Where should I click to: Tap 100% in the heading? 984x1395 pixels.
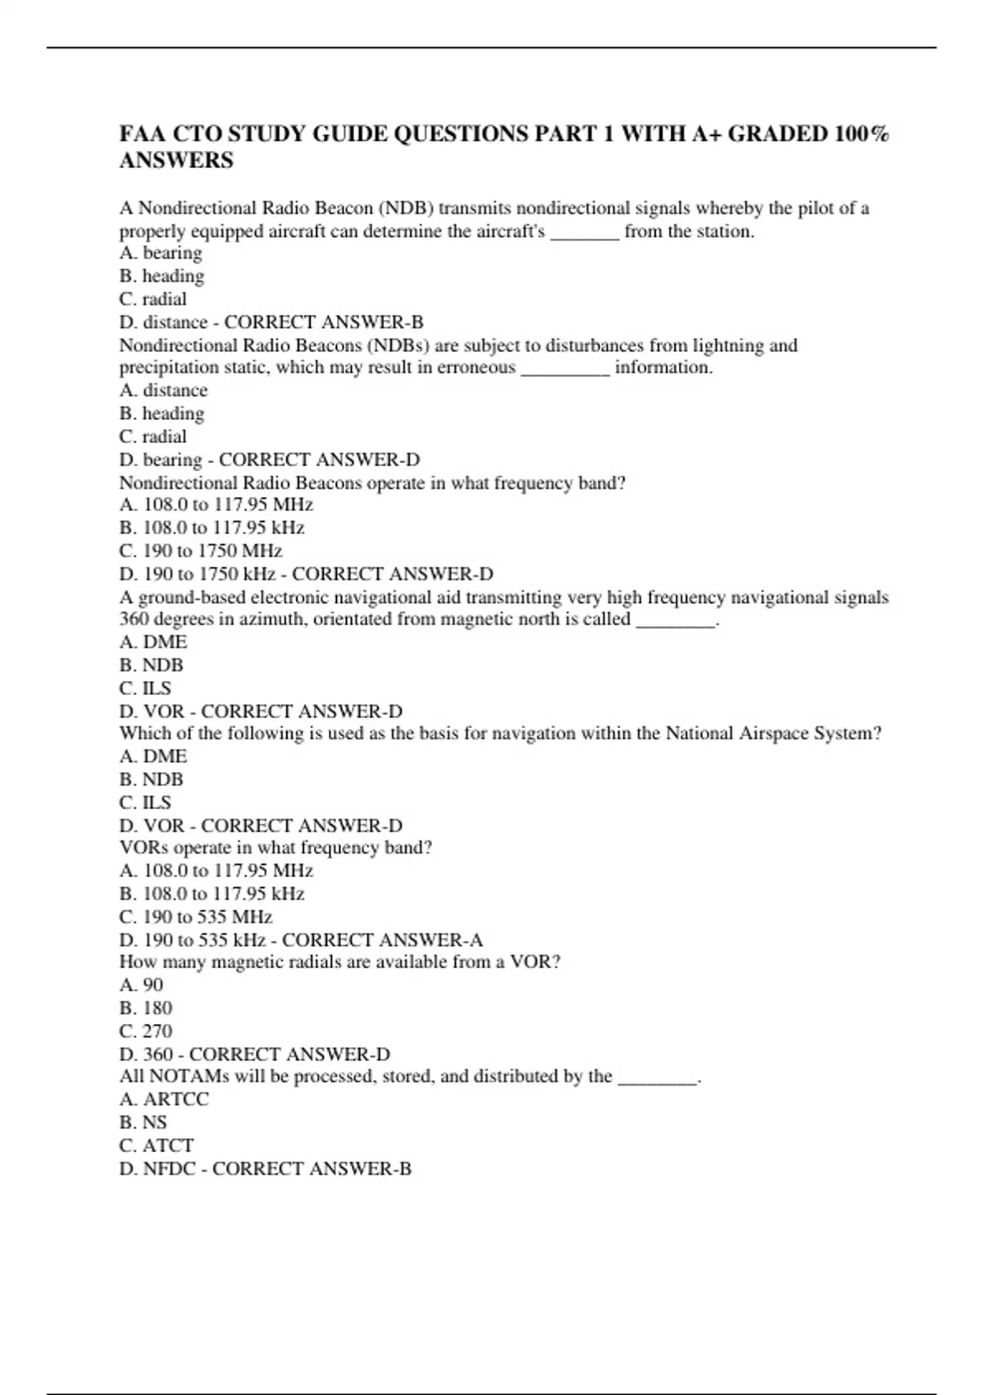pos(861,134)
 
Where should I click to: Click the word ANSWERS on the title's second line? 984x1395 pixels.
pos(176,161)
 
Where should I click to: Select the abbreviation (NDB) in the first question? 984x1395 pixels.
pos(406,208)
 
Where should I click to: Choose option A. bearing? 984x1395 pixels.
pos(161,254)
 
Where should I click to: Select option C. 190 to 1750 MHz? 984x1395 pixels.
pos(201,551)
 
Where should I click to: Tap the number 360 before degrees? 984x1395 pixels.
pos(134,620)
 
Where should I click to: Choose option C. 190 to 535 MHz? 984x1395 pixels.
pos(196,917)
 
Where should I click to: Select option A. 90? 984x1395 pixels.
pos(141,985)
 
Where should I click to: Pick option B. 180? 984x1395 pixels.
pos(146,1008)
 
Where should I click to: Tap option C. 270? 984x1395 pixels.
pos(146,1031)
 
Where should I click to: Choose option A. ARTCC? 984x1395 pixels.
pos(164,1100)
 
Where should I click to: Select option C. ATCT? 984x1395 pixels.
pos(157,1146)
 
